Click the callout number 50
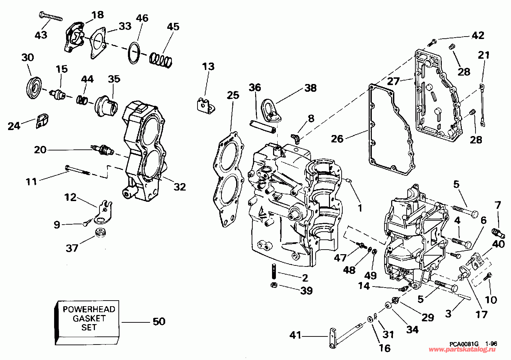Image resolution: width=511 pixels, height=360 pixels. [159, 321]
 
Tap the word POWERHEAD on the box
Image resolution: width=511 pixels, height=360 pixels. [89, 309]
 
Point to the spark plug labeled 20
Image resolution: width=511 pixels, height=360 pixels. [103, 150]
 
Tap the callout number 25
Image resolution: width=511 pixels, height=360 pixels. [233, 95]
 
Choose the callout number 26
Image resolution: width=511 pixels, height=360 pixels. [337, 139]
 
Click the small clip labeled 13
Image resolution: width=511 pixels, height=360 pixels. [205, 105]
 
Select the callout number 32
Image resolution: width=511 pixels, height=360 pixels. [180, 187]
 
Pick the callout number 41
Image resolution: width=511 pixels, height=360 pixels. [295, 335]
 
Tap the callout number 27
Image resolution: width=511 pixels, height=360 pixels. [393, 82]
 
